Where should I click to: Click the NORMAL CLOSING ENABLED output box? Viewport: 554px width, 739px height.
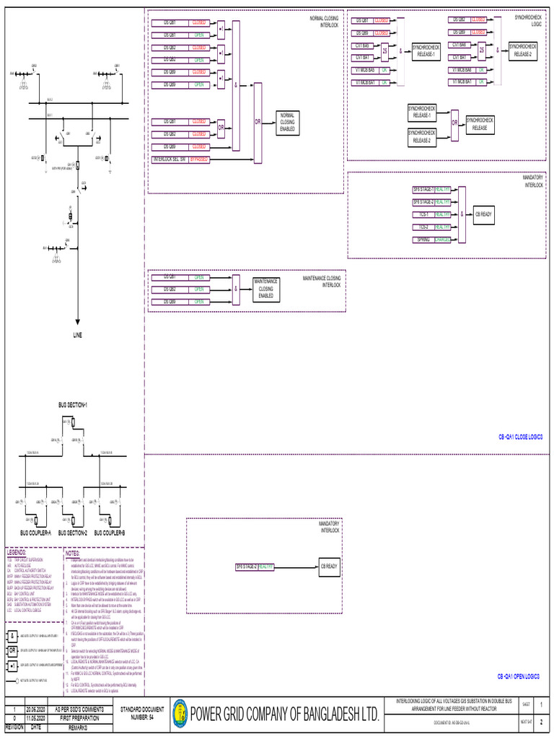coord(288,123)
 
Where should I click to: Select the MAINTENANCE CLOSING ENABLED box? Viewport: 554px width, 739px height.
coord(265,289)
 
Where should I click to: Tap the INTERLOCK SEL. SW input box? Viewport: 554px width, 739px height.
coord(169,159)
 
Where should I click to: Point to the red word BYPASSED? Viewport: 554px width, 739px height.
coord(199,159)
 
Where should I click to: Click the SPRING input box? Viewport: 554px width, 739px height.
coord(423,239)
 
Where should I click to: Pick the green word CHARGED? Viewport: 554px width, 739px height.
coord(443,239)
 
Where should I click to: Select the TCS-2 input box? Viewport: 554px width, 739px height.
coord(423,227)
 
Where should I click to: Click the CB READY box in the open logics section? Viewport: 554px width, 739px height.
coord(329,567)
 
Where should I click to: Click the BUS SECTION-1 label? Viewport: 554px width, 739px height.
coord(73,406)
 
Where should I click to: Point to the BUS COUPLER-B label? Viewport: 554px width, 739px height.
coord(110,533)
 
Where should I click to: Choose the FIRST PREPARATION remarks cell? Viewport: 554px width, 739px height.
coord(79,719)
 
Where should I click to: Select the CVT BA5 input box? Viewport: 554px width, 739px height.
coord(362,45)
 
